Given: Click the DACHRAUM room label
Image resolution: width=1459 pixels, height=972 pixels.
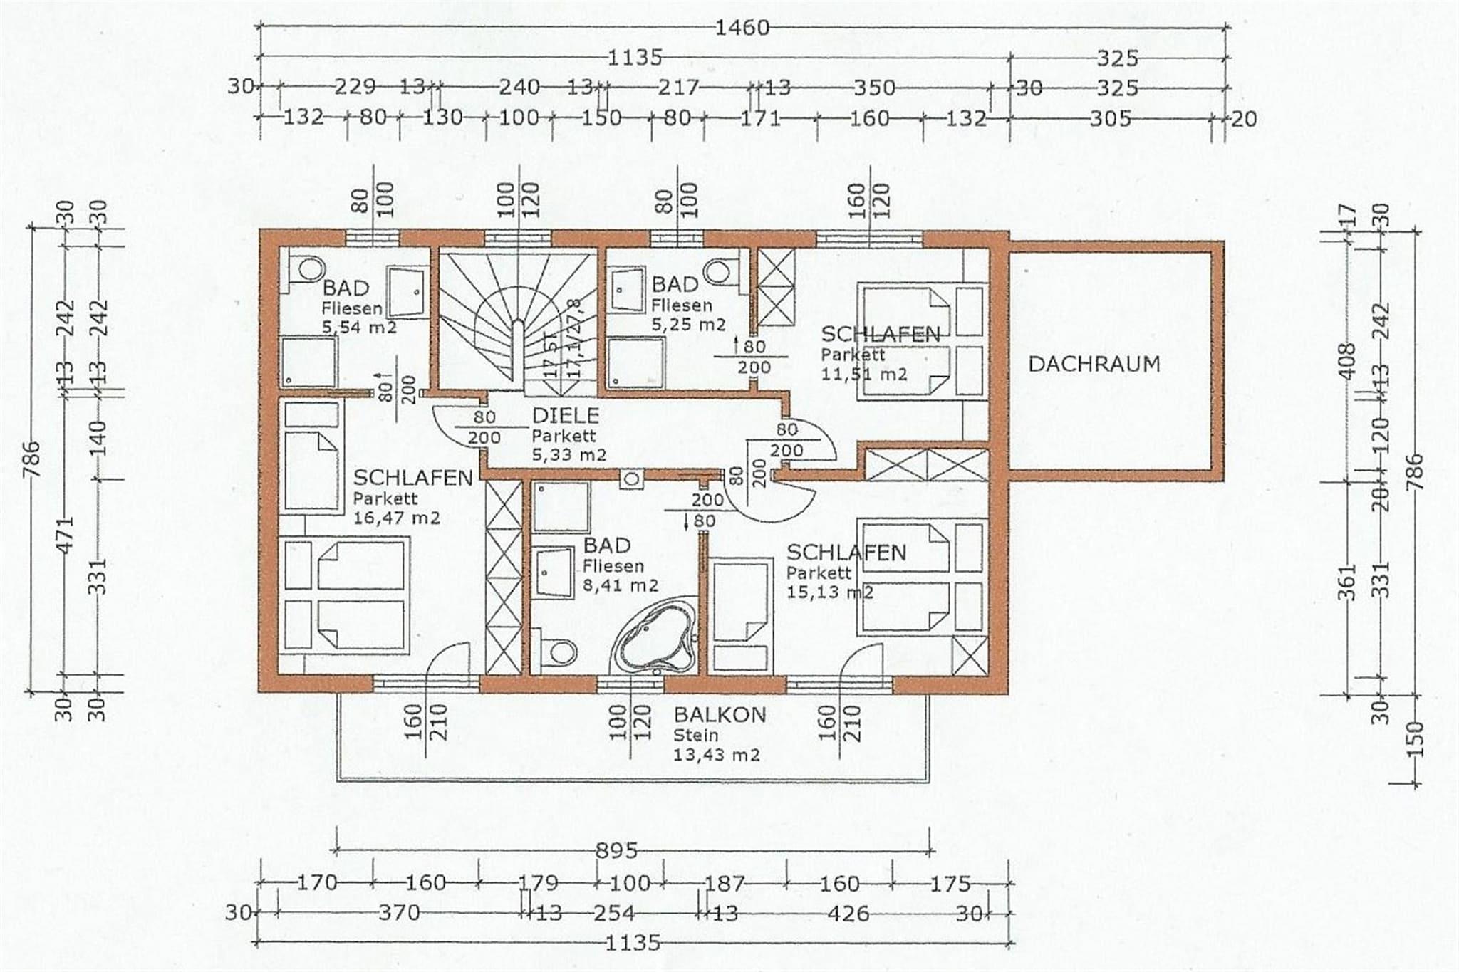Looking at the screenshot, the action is (1094, 364).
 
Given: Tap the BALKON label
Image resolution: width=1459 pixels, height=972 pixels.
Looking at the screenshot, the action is (720, 714).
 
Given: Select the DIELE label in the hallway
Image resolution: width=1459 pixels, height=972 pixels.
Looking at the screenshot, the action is (566, 415).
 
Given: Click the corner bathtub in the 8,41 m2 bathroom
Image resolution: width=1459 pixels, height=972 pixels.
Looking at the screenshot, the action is (655, 637).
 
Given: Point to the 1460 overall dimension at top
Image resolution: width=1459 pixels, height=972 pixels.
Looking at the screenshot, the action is (742, 27).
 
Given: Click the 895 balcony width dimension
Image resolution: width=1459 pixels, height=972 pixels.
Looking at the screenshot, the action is (617, 850).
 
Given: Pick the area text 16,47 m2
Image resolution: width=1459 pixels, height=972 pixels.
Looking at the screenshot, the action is (397, 518).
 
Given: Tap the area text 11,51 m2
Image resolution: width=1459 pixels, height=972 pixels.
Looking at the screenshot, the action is (864, 373).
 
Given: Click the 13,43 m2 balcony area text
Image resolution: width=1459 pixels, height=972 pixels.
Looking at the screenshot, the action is (717, 754).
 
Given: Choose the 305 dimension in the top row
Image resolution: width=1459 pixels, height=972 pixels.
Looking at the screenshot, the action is (1110, 118).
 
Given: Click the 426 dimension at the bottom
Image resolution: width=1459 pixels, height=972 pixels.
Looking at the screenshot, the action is (849, 913).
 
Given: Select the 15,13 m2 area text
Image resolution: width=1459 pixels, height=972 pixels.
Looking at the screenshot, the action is (830, 592).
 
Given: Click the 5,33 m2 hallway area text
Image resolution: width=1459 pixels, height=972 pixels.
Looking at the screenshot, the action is (569, 454).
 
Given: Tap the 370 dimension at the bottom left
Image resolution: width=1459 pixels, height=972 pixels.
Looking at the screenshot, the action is (399, 912).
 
